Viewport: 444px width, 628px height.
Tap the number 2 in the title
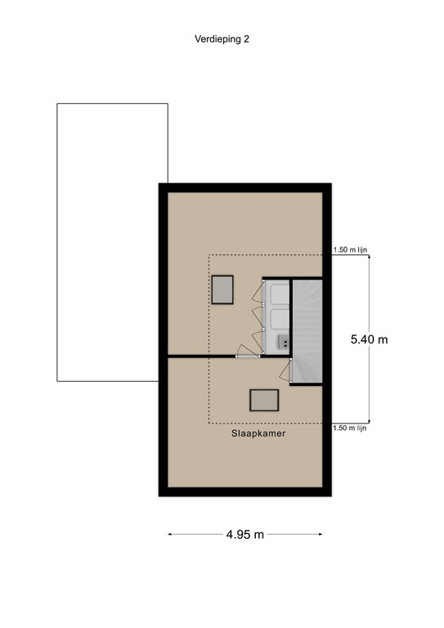[246, 38]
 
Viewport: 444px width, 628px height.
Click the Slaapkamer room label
[258, 434]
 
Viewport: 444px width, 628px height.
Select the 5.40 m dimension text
[369, 339]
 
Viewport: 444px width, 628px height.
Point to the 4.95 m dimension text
[245, 535]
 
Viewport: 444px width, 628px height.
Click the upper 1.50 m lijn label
[349, 251]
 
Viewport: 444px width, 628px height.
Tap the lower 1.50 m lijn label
[349, 428]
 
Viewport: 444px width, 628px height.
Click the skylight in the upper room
[223, 289]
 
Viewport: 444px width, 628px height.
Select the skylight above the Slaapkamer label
[265, 399]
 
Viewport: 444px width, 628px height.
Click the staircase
[308, 331]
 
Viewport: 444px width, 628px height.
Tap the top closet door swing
[257, 291]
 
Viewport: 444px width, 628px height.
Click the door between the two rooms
[246, 353]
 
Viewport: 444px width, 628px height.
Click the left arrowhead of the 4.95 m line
[170, 535]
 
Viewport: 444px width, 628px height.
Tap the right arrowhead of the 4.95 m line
[321, 535]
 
